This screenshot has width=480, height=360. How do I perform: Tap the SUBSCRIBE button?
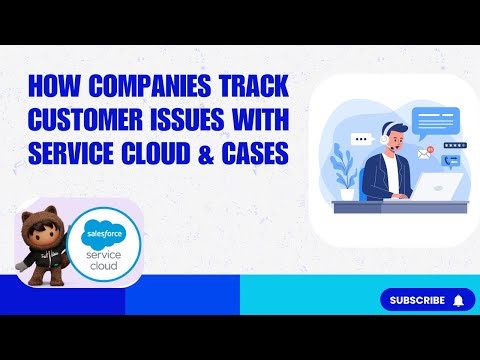(418, 299)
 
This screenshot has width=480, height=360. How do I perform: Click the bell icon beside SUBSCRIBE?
(459, 299)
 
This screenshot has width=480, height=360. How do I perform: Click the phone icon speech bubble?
(451, 160)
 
